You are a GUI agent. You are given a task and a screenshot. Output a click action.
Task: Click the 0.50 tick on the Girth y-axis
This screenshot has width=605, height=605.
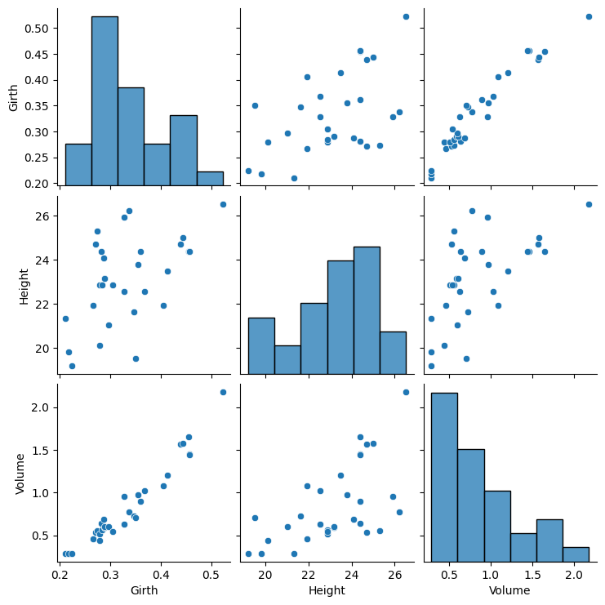point(38,28)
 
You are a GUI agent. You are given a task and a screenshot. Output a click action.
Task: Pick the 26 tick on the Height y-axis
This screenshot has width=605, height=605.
point(45,216)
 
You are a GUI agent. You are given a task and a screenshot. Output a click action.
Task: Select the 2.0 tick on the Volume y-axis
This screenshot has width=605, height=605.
point(42,407)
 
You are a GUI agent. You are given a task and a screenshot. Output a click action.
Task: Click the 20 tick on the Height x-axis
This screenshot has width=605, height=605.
point(265,576)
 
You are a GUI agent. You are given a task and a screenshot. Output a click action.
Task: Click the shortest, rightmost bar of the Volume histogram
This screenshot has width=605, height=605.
point(575,554)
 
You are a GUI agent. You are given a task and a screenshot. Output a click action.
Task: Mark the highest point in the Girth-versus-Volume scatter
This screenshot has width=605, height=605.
point(589,16)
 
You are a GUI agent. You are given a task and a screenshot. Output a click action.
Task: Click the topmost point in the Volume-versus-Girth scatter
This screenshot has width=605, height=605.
point(223,392)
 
